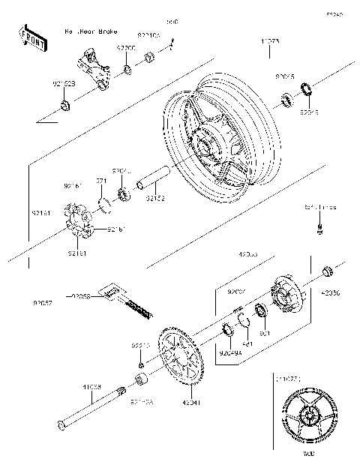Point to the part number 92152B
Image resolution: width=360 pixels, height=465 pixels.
point(63,83)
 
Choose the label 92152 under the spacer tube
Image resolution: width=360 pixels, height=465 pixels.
point(155,199)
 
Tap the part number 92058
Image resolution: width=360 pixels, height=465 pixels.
point(80,296)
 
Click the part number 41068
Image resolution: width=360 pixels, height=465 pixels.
point(91,387)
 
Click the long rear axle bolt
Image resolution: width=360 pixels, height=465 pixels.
point(90,410)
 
